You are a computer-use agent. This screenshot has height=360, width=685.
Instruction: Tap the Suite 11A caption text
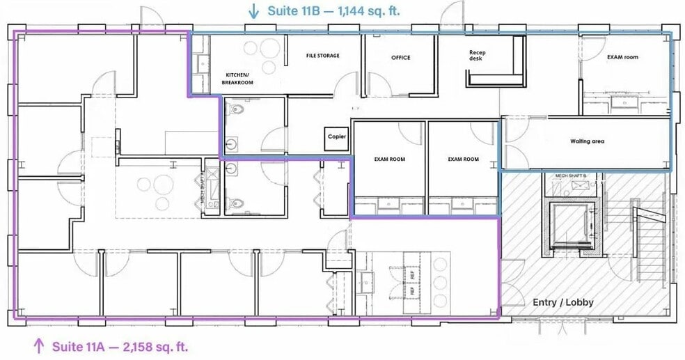pyautogui.click(x=118, y=345)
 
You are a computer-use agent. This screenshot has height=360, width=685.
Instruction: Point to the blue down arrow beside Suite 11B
pyautogui.click(x=254, y=11)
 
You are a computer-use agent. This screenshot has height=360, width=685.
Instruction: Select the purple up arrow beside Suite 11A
pyautogui.click(x=38, y=345)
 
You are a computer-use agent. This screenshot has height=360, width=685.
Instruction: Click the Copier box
pyautogui.click(x=337, y=137)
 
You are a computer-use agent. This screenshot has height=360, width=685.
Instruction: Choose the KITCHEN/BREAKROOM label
pyautogui.click(x=237, y=78)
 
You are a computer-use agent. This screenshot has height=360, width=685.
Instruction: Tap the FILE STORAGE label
pyautogui.click(x=323, y=55)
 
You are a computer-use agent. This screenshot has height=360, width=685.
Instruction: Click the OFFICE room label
pyautogui.click(x=400, y=58)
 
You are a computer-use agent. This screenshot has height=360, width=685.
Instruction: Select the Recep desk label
pyautogui.click(x=476, y=55)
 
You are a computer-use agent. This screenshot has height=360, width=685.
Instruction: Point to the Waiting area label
pyautogui.click(x=587, y=141)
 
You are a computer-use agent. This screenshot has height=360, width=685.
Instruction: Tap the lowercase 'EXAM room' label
pyautogui.click(x=622, y=57)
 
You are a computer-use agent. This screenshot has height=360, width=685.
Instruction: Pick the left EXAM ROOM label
pyautogui.click(x=388, y=159)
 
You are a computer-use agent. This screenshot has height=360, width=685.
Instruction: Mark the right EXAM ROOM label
pyautogui.click(x=463, y=159)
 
